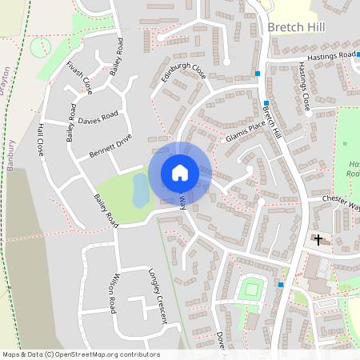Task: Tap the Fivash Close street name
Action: pos(80,77)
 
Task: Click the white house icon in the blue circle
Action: pos(180,173)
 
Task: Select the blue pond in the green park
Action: pos(140,191)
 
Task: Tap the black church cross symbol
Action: pos(318,239)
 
